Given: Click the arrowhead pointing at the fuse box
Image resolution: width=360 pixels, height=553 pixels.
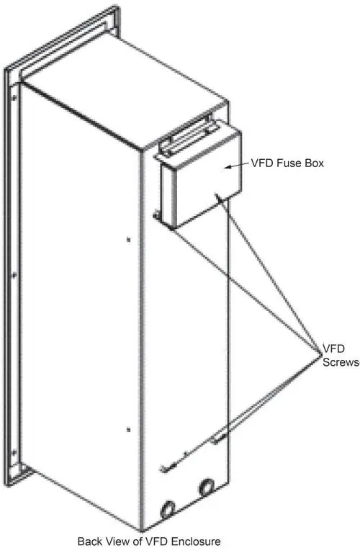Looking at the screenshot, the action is point(228,167).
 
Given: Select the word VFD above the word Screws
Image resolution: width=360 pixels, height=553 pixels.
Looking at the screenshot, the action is point(333,349).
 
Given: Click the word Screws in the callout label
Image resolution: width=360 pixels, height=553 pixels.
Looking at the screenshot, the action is point(341,362).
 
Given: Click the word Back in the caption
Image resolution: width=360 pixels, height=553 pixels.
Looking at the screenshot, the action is point(88,541).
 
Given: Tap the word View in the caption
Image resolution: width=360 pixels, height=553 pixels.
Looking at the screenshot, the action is point(112,541).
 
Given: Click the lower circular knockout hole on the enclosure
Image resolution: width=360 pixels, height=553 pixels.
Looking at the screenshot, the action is point(168,510).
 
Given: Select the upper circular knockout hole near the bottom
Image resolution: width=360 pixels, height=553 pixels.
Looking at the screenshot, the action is point(207,487).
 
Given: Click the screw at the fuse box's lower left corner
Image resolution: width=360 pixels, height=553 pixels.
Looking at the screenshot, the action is point(156,214).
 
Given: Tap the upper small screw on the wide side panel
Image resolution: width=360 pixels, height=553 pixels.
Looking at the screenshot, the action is point(129,240).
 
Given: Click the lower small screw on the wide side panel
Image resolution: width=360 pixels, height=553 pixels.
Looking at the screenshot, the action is point(129,430).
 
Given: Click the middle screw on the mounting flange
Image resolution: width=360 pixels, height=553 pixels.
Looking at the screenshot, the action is point(14,276).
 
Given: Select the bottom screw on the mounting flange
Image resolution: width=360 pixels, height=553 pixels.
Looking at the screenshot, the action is point(14,451).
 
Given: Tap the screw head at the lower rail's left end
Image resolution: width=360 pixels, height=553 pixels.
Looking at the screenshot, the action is point(163,468).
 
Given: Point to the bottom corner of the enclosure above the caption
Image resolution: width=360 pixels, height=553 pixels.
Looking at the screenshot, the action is point(142,531).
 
